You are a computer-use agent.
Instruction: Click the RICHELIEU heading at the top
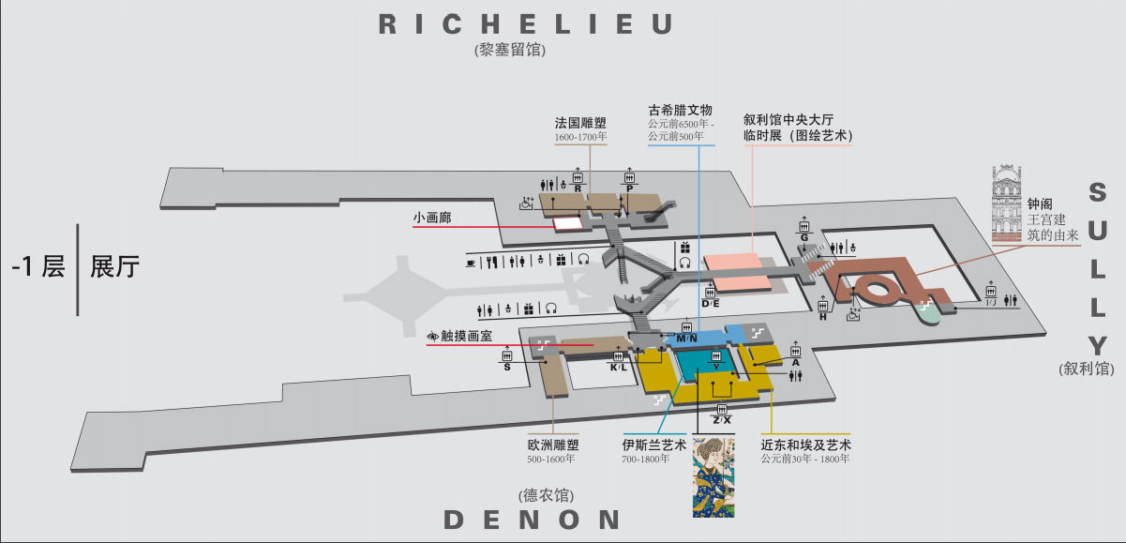[x=526, y=24]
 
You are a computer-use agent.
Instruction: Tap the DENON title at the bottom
[x=532, y=520]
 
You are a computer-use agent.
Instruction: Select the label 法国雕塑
[x=580, y=124]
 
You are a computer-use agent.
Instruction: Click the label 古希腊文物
[x=681, y=110]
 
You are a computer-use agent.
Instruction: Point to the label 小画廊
[x=432, y=218]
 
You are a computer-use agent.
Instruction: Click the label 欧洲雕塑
[x=553, y=445]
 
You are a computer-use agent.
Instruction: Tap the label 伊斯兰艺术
[x=654, y=445]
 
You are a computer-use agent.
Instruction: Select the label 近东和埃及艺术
[x=805, y=445]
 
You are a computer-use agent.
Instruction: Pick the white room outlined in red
[x=566, y=223]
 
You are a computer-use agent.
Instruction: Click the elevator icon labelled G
[x=803, y=226]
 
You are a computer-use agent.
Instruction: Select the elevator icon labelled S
[x=507, y=355]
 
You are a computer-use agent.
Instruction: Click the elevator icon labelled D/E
[x=710, y=293]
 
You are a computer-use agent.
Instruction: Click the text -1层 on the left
[x=38, y=267]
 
